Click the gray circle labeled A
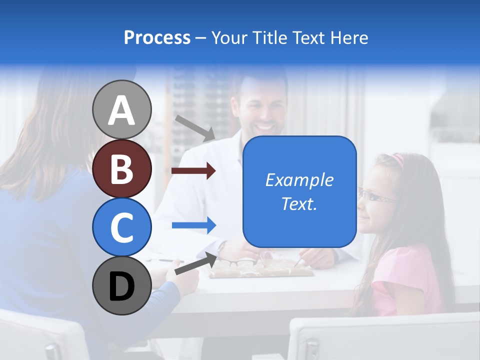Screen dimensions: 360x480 (x=122, y=109)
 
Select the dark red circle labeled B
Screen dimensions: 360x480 (x=122, y=168)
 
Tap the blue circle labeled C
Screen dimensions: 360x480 (x=122, y=227)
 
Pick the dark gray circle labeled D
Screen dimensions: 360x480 (x=122, y=285)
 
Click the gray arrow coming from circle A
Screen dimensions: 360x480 (x=195, y=128)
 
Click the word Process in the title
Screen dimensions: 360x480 (x=157, y=37)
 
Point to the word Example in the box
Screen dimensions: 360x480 (x=299, y=180)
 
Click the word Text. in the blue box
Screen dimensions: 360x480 (x=299, y=204)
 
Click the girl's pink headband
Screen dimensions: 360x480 (x=397, y=160)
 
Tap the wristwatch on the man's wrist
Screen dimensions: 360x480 (x=222, y=246)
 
